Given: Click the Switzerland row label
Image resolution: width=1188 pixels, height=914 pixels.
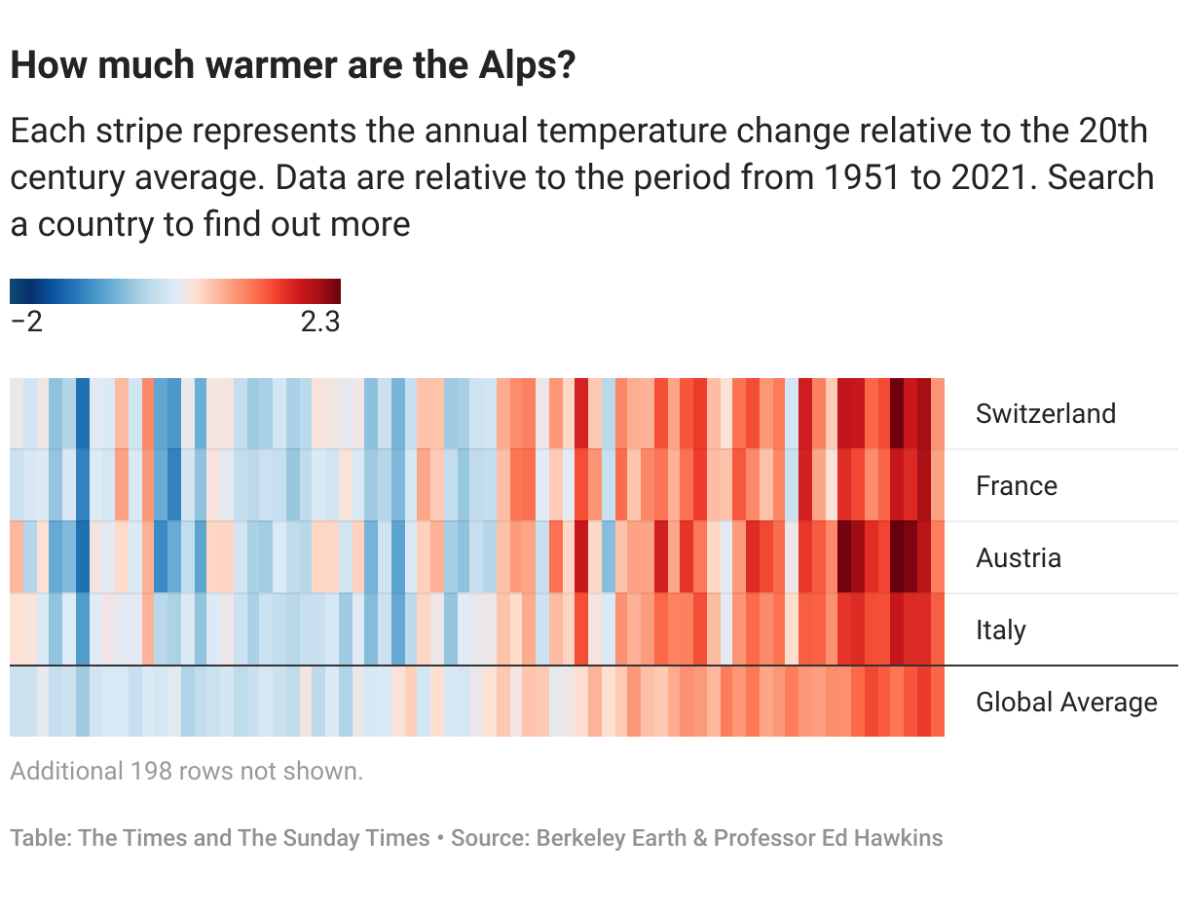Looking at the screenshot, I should tap(1045, 413).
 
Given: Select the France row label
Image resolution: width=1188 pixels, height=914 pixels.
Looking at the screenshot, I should tap(1016, 485).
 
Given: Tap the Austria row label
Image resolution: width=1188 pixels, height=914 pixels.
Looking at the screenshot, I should tap(1018, 557).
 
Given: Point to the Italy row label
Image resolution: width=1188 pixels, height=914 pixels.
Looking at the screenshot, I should tap(1000, 629).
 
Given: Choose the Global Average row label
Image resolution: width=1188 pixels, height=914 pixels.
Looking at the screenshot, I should tap(1066, 702).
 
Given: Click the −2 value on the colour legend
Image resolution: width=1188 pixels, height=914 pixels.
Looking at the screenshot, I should tap(26, 323).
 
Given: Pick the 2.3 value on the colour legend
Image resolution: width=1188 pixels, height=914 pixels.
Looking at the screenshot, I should tap(319, 323).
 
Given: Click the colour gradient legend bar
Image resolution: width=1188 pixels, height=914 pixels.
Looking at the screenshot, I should tap(175, 291).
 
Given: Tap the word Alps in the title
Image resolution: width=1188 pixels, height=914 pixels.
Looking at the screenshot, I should tap(525, 66).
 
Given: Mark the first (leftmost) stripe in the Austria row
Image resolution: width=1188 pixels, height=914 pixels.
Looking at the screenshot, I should tap(16, 557).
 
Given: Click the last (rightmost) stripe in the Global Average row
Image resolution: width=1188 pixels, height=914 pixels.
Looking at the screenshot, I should tap(938, 702).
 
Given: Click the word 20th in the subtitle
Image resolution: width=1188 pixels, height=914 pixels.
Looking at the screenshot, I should tap(1112, 131).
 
